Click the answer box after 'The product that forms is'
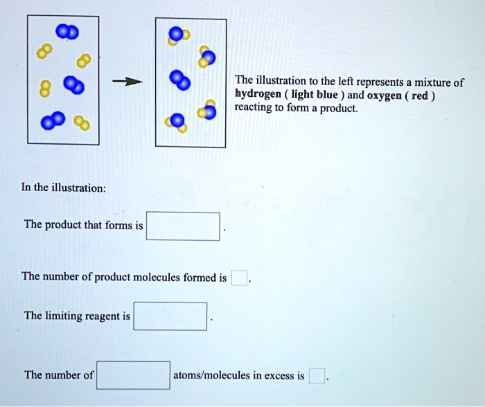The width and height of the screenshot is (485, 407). pos(183,226)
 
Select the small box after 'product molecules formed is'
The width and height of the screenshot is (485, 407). pos(238,278)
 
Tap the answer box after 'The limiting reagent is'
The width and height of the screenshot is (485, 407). pos(170,316)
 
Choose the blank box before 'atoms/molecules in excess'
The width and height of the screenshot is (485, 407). pos(133,375)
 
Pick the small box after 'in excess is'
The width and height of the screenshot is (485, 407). pos(316,376)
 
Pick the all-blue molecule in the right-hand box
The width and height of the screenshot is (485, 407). pos(179,80)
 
